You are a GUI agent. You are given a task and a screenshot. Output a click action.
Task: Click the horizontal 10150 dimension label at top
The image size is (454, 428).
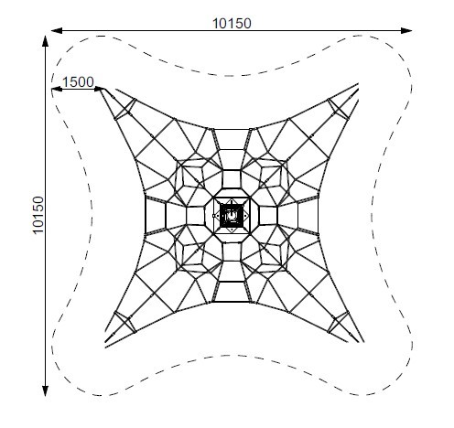click(232, 24)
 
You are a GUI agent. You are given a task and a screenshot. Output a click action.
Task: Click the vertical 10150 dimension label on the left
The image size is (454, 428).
click(38, 215)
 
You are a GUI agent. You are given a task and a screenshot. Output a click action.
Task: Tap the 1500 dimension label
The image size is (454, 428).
click(78, 82)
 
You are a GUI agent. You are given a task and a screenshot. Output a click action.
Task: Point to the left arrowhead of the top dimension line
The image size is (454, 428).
click(57, 30)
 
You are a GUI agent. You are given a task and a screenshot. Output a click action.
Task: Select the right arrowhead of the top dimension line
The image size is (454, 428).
click(406, 30)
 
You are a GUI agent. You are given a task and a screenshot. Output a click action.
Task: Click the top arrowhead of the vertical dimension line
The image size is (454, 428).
click(45, 41)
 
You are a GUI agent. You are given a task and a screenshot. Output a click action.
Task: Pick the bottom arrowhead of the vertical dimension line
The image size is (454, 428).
click(45, 391)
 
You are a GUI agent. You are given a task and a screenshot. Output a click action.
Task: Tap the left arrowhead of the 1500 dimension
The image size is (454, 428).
click(57, 89)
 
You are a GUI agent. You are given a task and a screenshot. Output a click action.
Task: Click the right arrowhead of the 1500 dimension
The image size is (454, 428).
click(100, 89)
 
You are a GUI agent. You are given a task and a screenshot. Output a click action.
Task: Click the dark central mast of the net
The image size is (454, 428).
click(232, 215)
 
